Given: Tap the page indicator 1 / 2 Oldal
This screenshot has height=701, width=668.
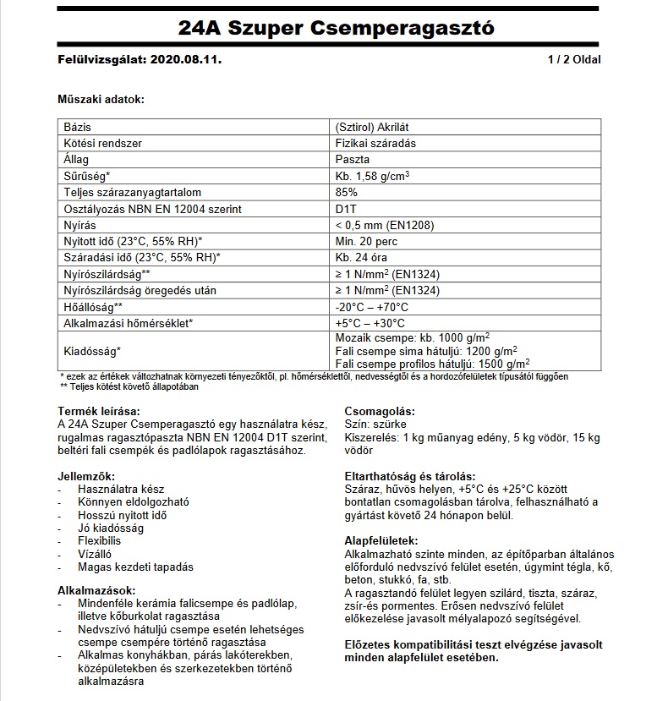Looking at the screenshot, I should (x=574, y=60).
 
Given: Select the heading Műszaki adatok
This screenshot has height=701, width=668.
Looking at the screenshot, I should (x=101, y=100).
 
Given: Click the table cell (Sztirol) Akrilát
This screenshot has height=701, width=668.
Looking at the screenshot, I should (x=373, y=127).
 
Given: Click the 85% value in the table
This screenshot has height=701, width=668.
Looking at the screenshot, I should (x=346, y=192).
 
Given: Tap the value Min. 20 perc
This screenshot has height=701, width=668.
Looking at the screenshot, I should (x=366, y=241).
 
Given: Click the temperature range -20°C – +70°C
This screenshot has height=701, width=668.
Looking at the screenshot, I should (x=372, y=306).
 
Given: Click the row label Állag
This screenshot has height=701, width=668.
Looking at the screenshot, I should (x=76, y=160).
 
